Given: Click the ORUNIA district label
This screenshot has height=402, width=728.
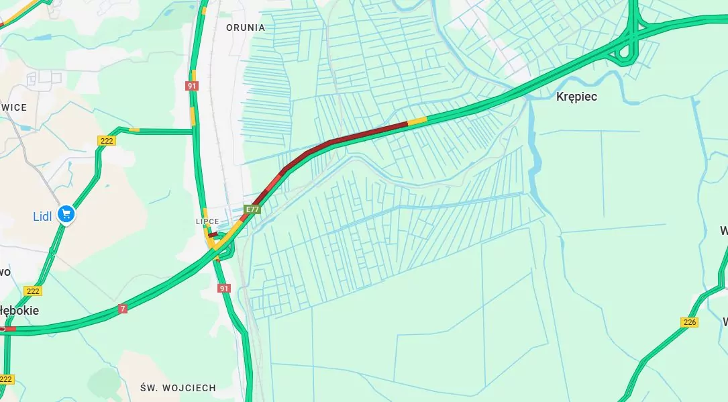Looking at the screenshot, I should click(246, 28).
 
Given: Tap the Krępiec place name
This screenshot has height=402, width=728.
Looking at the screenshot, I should click(576, 97).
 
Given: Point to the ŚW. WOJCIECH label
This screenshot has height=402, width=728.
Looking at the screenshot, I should click(178, 388).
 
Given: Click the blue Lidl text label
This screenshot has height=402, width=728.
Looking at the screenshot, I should click(44, 216).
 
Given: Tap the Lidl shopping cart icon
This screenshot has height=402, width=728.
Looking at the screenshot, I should click(66, 214).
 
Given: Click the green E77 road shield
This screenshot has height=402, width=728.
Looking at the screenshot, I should click(252, 210).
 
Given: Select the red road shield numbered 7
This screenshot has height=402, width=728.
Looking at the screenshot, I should click(122, 309).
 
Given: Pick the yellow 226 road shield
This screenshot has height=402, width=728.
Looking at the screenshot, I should click(689, 322).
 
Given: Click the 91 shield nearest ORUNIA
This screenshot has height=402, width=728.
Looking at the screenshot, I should click(193, 86).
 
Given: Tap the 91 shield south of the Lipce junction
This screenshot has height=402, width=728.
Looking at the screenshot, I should click(224, 288).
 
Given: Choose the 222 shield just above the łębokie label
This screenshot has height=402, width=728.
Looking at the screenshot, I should click(32, 291).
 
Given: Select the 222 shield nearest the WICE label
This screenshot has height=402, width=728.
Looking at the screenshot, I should click(107, 140).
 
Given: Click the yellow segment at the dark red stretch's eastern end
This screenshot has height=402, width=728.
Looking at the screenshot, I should click(417, 121).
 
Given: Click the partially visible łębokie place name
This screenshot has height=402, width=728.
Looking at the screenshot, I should click(19, 311).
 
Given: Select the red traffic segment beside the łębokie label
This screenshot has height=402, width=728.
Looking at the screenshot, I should click(9, 329).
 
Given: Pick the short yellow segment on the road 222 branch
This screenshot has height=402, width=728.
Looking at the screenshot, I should click(134, 129).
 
